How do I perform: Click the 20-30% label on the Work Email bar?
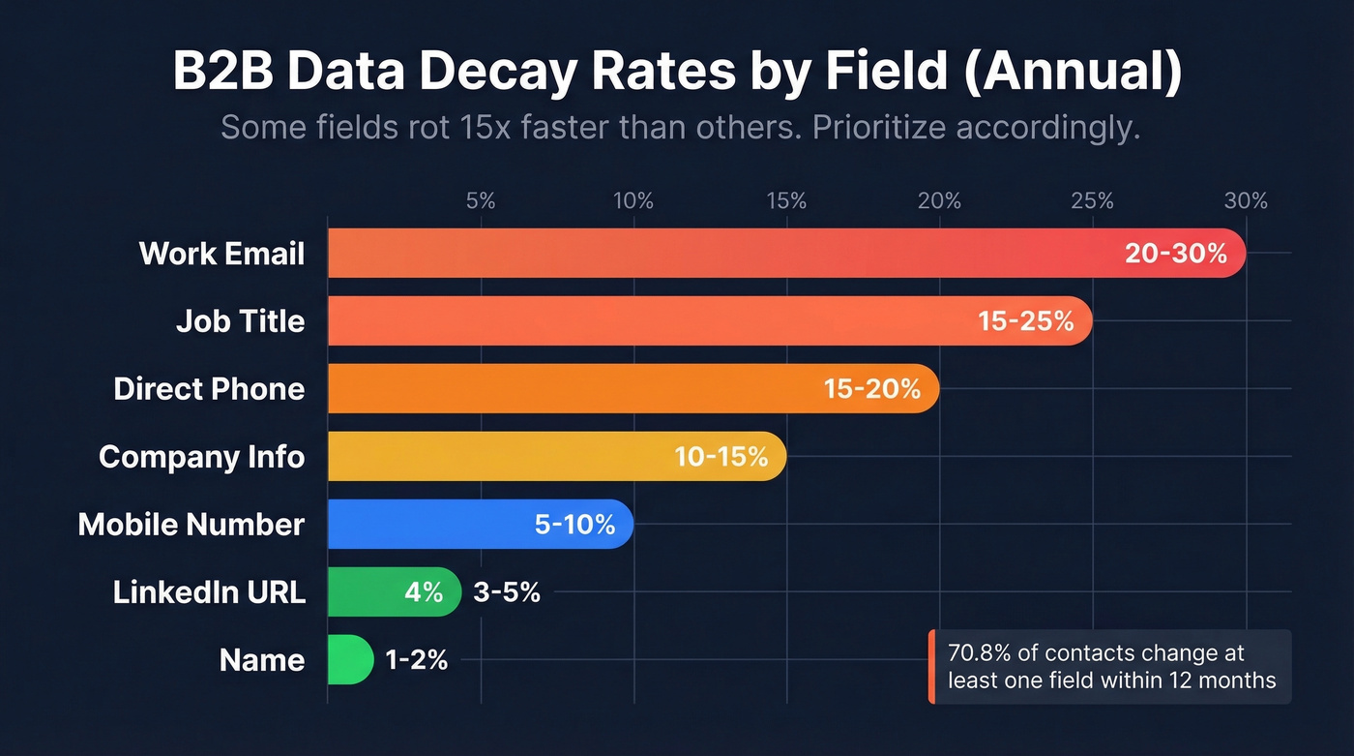tap(1175, 254)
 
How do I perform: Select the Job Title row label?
tap(240, 321)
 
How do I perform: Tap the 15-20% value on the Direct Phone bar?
tap(871, 389)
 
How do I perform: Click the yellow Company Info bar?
tap(503, 457)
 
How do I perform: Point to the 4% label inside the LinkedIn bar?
tap(423, 592)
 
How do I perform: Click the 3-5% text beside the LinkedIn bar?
tap(506, 592)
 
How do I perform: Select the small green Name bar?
tap(349, 660)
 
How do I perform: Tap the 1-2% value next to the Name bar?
tap(416, 660)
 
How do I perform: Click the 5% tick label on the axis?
tap(481, 201)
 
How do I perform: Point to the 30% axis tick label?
tap(1246, 201)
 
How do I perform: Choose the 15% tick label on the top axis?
tap(786, 201)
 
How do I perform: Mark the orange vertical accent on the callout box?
tap(931, 667)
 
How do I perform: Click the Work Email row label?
tap(221, 254)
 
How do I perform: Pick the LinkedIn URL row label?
tap(209, 592)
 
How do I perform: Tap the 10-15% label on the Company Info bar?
tap(721, 457)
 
